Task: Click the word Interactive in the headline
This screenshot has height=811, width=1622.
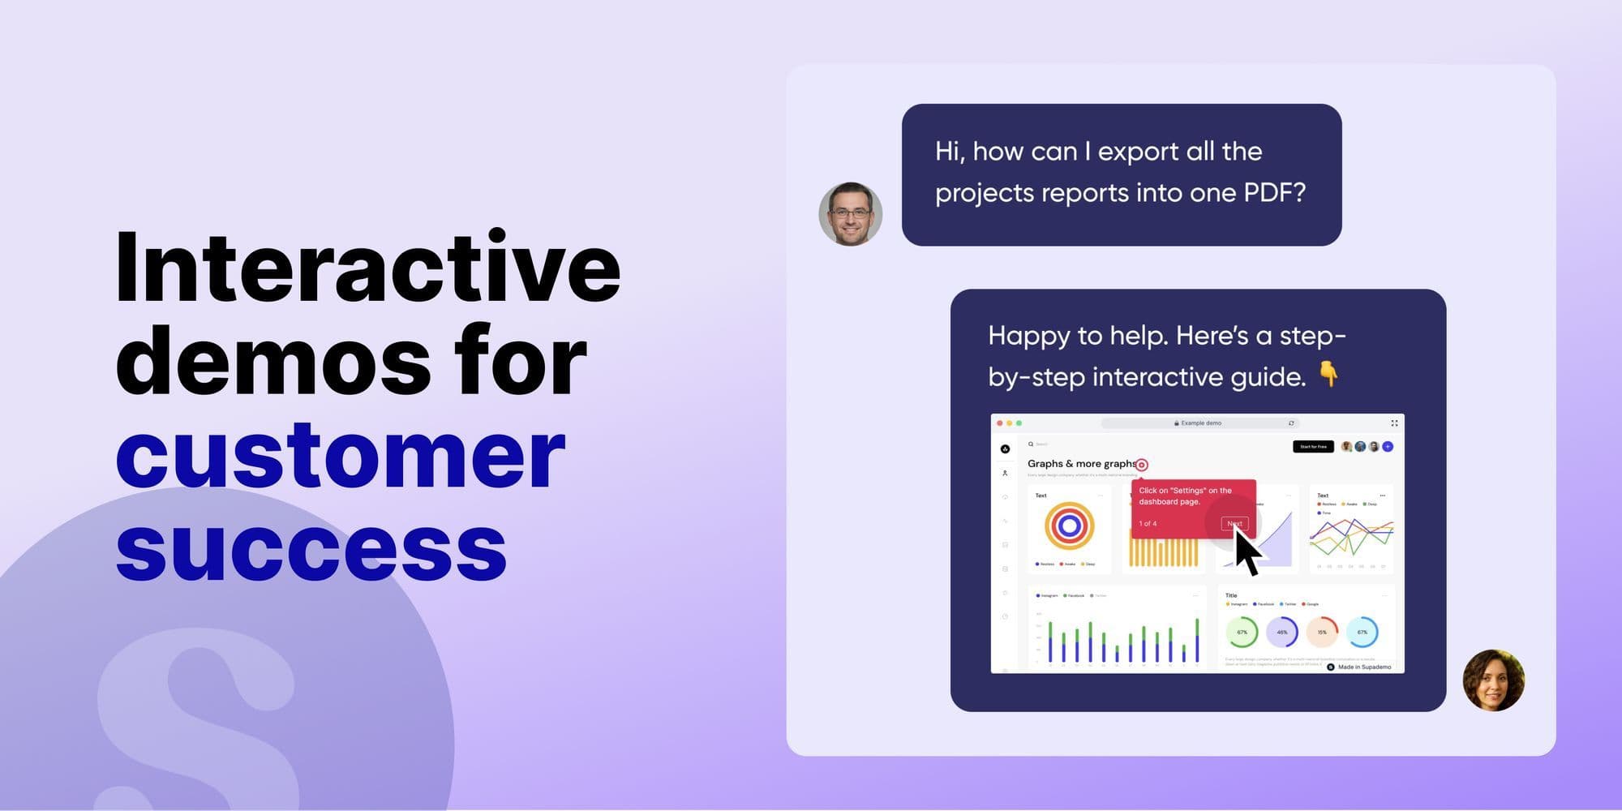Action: [367, 268]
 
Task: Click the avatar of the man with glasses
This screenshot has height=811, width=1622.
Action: [850, 214]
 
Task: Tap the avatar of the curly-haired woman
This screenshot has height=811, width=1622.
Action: [1493, 680]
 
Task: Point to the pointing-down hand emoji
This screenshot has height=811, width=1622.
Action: [1328, 374]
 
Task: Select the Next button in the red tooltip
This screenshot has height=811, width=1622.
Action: [1234, 524]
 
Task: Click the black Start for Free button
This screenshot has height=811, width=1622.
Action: [1313, 447]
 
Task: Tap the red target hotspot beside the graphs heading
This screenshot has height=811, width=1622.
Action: [1142, 465]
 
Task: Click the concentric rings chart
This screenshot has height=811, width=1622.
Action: [1069, 526]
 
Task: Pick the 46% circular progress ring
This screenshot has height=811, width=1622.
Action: [1281, 632]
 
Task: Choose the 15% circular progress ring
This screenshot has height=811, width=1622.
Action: [1322, 632]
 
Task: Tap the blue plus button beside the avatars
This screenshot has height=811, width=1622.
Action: [1388, 447]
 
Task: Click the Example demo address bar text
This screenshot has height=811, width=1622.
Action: [1200, 423]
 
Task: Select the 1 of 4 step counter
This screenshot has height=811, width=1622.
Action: [1148, 524]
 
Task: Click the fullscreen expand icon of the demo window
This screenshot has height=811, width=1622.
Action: [1394, 423]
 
